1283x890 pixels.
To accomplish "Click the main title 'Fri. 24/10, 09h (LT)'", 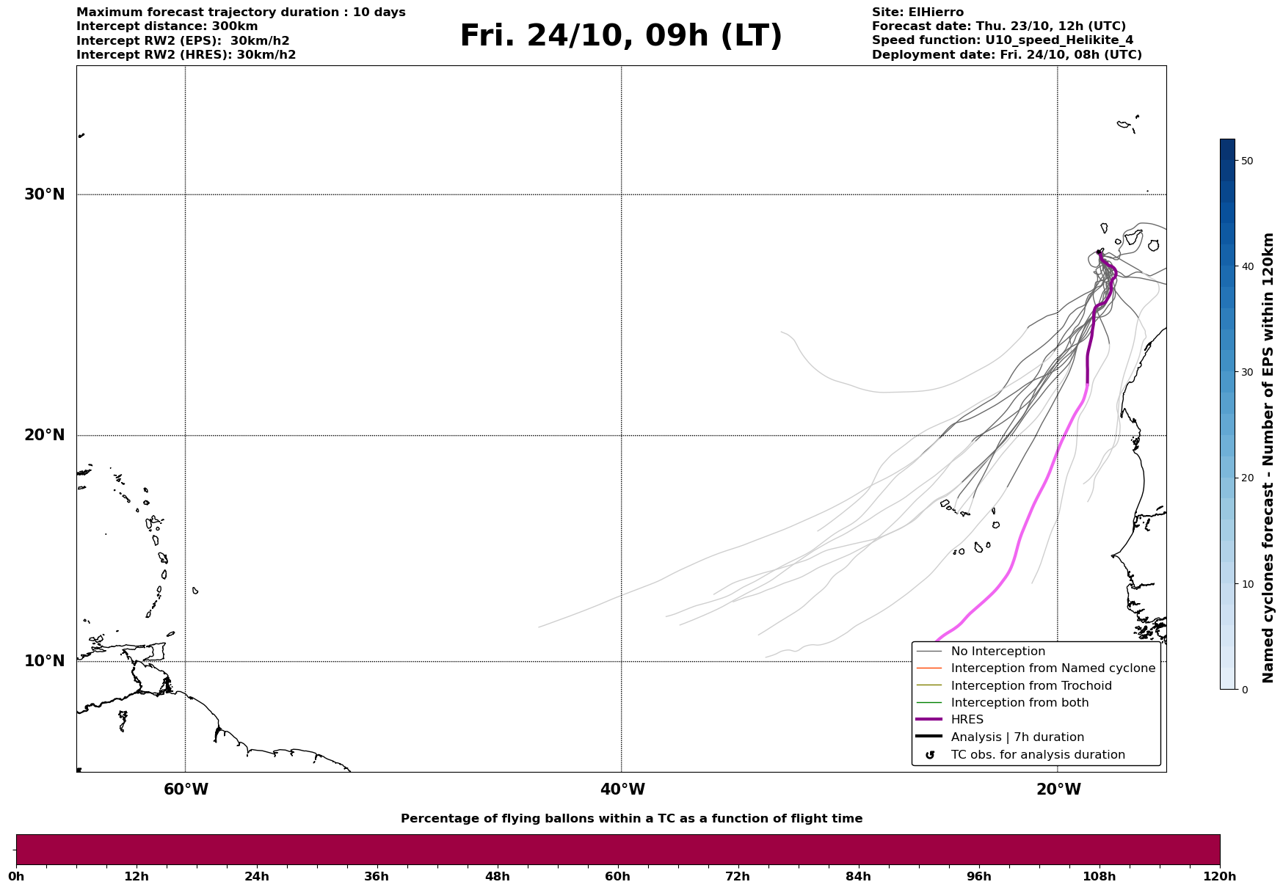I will pyautogui.click(x=621, y=36).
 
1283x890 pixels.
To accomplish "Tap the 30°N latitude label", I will pyautogui.click(x=45, y=194).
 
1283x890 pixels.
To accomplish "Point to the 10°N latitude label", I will pyautogui.click(x=45, y=661).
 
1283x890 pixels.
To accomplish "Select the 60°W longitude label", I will pyautogui.click(x=186, y=789).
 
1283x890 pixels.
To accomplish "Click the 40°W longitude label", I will pyautogui.click(x=622, y=789).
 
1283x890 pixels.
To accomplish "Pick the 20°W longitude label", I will pyautogui.click(x=1058, y=789).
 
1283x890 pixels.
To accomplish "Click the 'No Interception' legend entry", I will pyautogui.click(x=997, y=652).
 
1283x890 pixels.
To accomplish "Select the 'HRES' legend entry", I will pyautogui.click(x=967, y=720).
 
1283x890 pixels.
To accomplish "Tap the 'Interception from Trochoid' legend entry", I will pyautogui.click(x=1031, y=686).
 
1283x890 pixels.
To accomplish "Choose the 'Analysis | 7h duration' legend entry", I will pyautogui.click(x=1017, y=737).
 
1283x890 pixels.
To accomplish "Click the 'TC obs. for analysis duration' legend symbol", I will pyautogui.click(x=930, y=755).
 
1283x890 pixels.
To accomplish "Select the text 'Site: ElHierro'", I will pyautogui.click(x=917, y=12).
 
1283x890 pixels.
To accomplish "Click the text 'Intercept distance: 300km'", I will pyautogui.click(x=167, y=26).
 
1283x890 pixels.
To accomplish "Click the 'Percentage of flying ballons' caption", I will pyautogui.click(x=631, y=819).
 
